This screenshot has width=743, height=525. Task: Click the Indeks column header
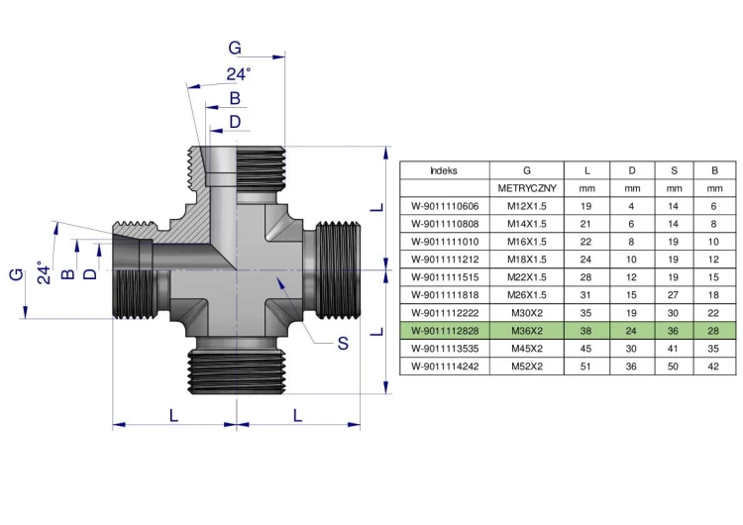point(444,170)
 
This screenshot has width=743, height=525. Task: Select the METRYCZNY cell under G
point(527,188)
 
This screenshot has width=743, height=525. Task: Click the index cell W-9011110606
point(444,206)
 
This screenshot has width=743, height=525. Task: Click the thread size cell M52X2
point(527,367)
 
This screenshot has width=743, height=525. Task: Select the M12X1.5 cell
point(527,206)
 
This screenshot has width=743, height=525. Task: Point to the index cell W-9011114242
point(444,367)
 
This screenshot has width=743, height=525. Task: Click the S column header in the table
point(674,170)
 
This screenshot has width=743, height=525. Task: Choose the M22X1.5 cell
point(527,277)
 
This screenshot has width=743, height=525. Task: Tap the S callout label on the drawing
point(342,344)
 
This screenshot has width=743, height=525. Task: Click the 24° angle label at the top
point(238,74)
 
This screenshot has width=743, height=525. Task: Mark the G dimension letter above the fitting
point(235,48)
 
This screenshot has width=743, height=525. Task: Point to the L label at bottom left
point(174,416)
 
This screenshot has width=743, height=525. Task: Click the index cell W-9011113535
point(444,349)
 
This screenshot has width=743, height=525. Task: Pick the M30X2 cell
point(527,313)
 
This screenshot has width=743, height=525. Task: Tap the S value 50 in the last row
point(674,367)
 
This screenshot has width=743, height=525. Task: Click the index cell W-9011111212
point(444,260)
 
